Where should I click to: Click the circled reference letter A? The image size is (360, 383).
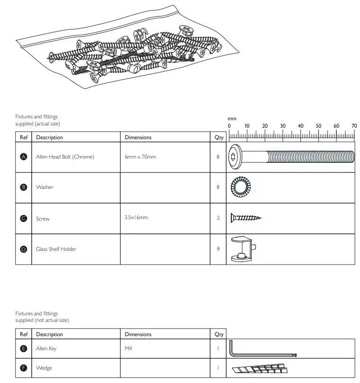click(x=24, y=157)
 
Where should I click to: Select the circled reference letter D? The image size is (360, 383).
click(x=24, y=249)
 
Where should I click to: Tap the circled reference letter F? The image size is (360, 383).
click(x=24, y=368)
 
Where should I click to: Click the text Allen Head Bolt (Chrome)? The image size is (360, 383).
click(x=65, y=157)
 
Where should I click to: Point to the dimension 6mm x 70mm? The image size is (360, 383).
click(x=140, y=157)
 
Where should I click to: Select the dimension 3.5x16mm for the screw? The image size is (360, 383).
click(x=136, y=217)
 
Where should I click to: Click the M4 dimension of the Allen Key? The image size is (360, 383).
click(x=129, y=348)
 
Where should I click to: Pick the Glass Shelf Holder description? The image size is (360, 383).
click(x=56, y=249)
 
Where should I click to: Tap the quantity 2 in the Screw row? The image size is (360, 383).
click(x=218, y=218)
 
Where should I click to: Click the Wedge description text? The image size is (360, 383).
click(x=44, y=368)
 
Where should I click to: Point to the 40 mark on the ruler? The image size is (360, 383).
click(x=300, y=126)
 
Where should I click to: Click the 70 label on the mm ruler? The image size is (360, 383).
click(x=354, y=126)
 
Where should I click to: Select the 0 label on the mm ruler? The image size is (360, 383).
click(x=229, y=126)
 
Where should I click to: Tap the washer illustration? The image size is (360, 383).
click(x=241, y=187)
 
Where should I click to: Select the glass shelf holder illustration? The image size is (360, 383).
click(x=243, y=249)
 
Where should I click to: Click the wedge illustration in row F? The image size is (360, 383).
click(x=260, y=368)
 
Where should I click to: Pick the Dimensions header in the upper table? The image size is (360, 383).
click(x=138, y=137)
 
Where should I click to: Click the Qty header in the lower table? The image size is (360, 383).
click(x=219, y=334)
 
